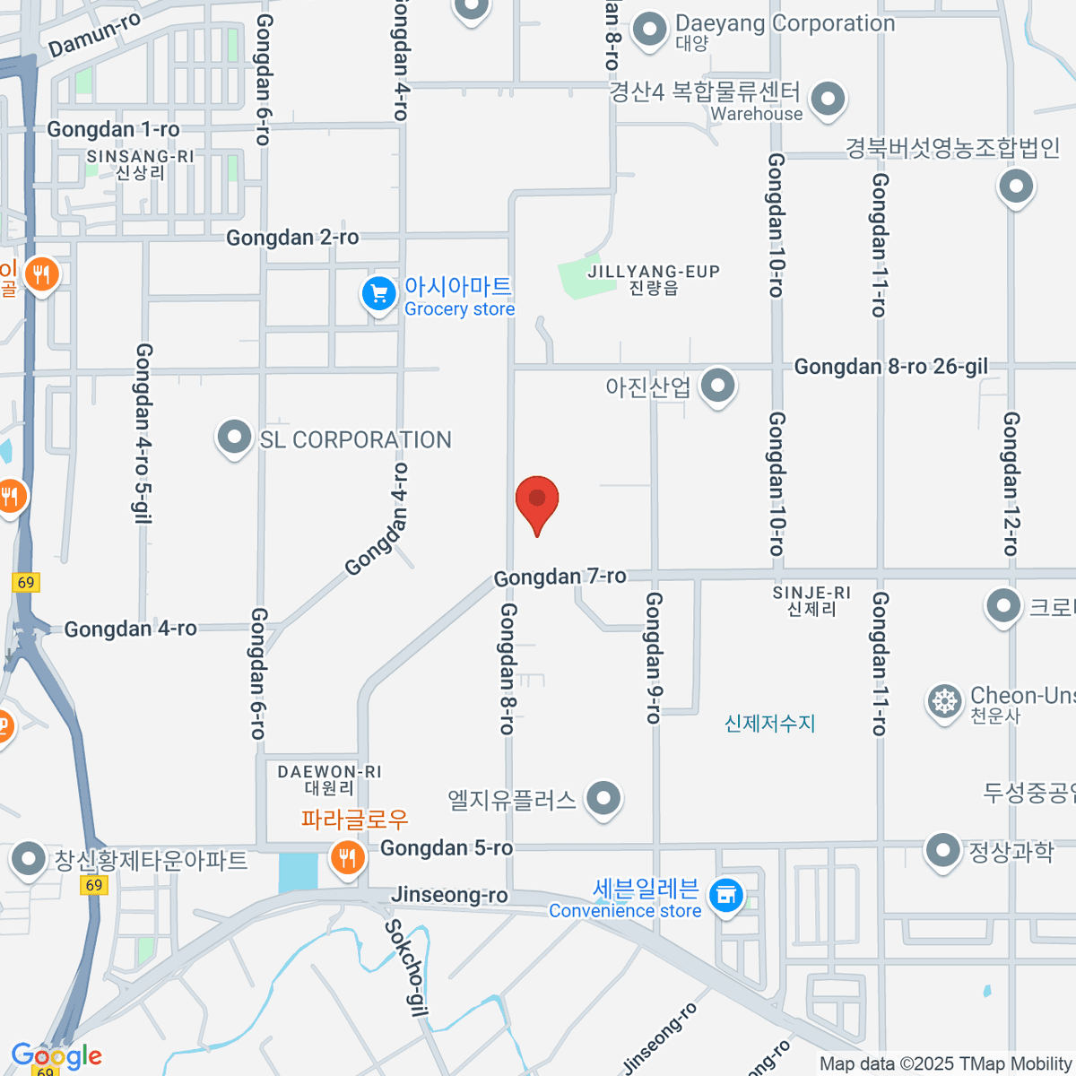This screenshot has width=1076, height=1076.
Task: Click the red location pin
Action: tap(537, 500)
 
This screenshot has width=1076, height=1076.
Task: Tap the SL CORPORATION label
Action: tap(355, 440)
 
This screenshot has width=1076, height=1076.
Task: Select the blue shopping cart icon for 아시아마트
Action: tap(379, 293)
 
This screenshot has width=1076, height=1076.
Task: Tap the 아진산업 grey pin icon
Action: tap(717, 386)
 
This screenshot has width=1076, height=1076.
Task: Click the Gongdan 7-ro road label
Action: tap(560, 577)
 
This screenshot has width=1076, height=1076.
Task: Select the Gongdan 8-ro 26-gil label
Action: tap(890, 367)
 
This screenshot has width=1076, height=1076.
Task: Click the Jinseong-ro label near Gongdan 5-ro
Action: tap(449, 895)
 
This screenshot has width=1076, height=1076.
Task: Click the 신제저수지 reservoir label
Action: tap(769, 724)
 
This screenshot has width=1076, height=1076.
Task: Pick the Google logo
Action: tap(56, 1055)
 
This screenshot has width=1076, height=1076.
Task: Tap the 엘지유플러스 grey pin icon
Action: tap(603, 797)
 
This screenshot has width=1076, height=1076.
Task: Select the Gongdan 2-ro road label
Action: tap(292, 238)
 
